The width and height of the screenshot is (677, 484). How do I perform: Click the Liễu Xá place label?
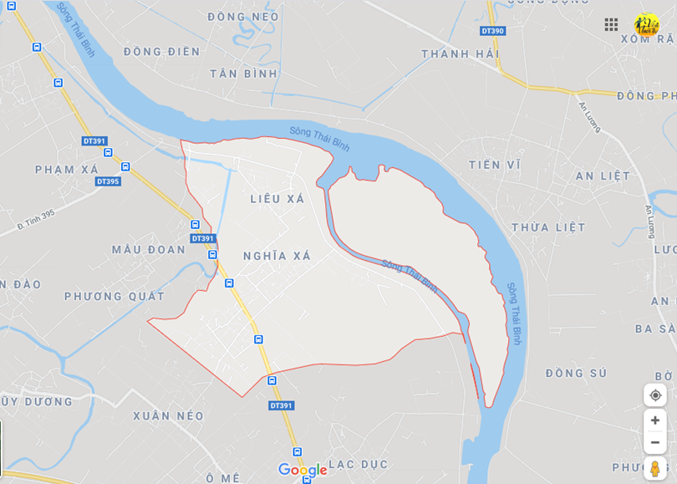277,199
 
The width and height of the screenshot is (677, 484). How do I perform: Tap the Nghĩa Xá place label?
277,256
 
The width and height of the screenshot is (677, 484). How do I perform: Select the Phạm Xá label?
67,170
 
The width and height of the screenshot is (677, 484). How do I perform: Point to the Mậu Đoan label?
149,249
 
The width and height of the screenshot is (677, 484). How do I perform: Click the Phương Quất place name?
115,296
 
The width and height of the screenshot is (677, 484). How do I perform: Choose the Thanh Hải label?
460,53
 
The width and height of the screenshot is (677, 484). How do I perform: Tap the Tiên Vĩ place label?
495,165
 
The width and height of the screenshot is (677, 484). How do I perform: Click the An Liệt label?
603,176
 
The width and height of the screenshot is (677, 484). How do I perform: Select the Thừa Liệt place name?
548,227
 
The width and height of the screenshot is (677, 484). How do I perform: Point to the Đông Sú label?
577,373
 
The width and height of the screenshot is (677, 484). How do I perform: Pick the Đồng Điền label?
162,52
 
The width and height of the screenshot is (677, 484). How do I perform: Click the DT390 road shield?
492,31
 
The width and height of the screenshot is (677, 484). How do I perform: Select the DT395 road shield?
107,181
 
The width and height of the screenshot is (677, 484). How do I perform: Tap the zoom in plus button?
655,420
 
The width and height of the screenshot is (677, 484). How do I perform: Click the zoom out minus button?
655,442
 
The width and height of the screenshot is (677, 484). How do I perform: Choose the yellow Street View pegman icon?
655,468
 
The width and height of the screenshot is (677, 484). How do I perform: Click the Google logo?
303,470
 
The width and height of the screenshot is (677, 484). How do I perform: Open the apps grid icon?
611,24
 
